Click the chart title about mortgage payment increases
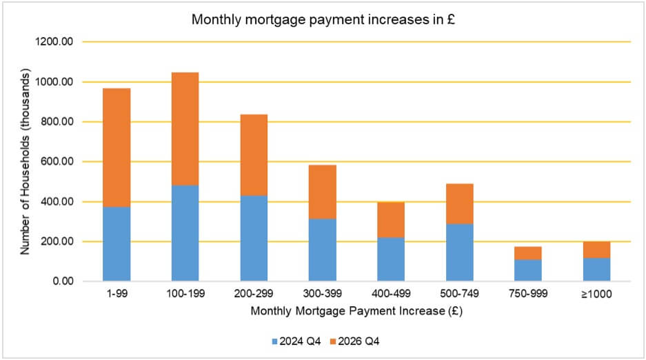coord(322,21)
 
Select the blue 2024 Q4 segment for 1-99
coord(117,244)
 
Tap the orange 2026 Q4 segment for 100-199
coord(185,129)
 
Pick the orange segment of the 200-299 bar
coord(254,155)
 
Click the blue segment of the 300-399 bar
coord(322,250)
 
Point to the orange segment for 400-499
coord(391,220)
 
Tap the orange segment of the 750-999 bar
coord(528,253)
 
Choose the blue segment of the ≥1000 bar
coord(596,270)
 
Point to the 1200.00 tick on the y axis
coord(57,42)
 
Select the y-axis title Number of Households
coord(25,161)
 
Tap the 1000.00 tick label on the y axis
coord(57,82)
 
